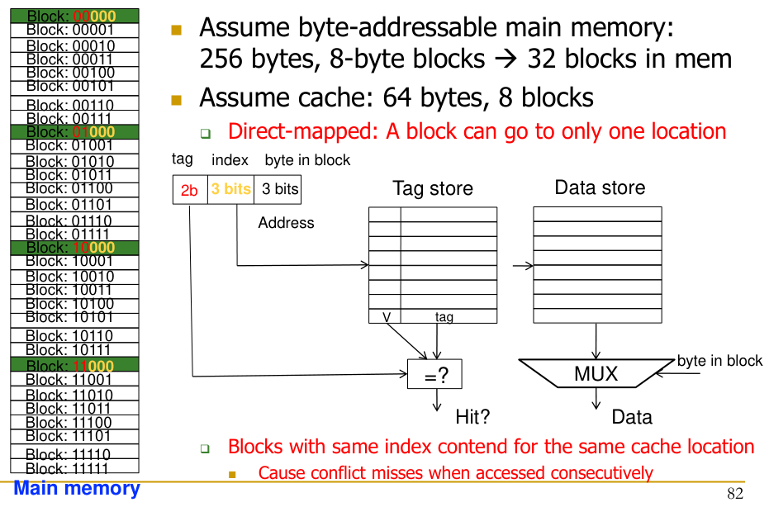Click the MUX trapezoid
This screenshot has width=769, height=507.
pyautogui.click(x=596, y=374)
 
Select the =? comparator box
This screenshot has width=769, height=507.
pyautogui.click(x=435, y=375)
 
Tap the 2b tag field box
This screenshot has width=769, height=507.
pyautogui.click(x=189, y=190)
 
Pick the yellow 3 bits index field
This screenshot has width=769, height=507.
pyautogui.click(x=230, y=189)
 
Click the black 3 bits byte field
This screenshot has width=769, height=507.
pyautogui.click(x=279, y=189)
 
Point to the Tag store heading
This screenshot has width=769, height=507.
pyautogui.click(x=432, y=189)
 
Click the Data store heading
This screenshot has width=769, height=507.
pyautogui.click(x=600, y=187)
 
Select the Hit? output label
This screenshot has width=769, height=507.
pyautogui.click(x=472, y=417)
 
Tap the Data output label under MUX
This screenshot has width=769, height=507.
pyautogui.click(x=632, y=417)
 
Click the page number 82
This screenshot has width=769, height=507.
pyautogui.click(x=735, y=494)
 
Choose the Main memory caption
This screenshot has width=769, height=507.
pyautogui.click(x=77, y=489)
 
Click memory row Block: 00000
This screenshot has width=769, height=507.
pyautogui.click(x=70, y=16)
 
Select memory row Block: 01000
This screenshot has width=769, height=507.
pyautogui.click(x=70, y=131)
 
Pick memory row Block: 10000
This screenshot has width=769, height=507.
pyautogui.click(x=70, y=247)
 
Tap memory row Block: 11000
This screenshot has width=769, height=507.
pyautogui.click(x=70, y=366)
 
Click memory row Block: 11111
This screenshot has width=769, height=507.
pyautogui.click(x=70, y=468)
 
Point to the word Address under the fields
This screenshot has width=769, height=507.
pyautogui.click(x=286, y=223)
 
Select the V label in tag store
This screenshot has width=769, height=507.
pyautogui.click(x=386, y=316)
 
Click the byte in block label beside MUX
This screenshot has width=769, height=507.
pyautogui.click(x=719, y=361)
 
